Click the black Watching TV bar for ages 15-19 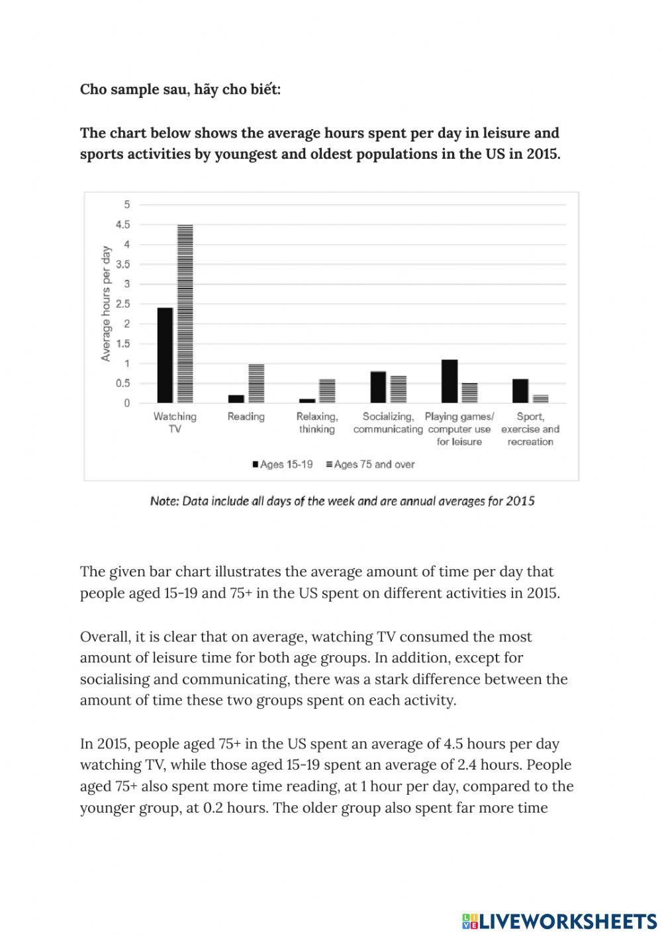165,355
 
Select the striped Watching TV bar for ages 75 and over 185,314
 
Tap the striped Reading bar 256,383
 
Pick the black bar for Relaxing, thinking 307,400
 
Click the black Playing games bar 449,381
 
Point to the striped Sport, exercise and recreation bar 541,399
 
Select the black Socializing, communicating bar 378,387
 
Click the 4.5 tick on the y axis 123,225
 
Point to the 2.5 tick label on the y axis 123,304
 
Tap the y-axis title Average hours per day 105,304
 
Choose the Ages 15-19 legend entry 282,465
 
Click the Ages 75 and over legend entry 371,465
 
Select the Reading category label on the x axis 246,417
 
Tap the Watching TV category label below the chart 175,423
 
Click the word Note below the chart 163,501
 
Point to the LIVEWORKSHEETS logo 559,920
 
